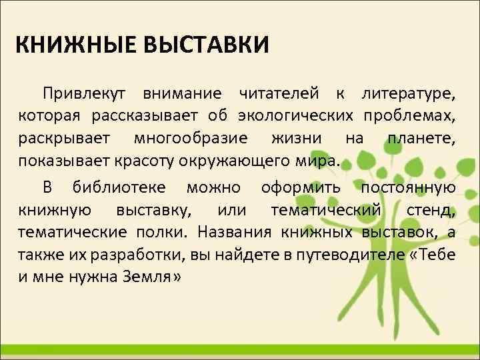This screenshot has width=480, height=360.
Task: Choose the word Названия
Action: click(x=237, y=234)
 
